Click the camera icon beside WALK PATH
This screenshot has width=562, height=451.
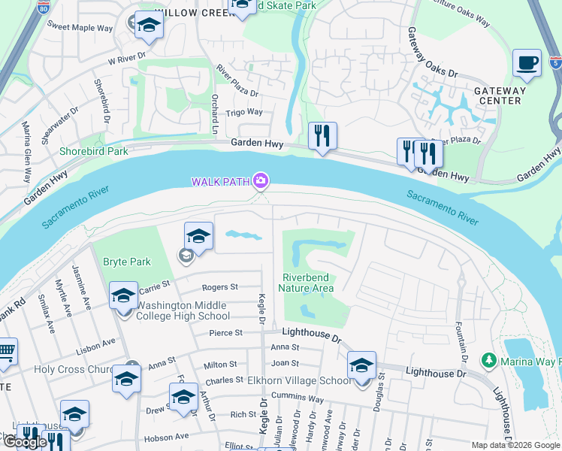click(261, 180)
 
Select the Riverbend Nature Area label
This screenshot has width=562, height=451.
click(306, 282)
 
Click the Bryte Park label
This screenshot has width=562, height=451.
click(127, 262)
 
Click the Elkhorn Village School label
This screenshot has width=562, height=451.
click(299, 380)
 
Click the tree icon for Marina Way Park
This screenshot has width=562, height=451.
click(488, 362)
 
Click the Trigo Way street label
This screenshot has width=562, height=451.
click(245, 112)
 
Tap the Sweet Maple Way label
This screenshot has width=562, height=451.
click(80, 28)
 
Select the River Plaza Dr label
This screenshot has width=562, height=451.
click(237, 83)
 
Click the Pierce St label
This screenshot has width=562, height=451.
click(226, 332)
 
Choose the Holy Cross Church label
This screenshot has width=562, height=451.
click(73, 369)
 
